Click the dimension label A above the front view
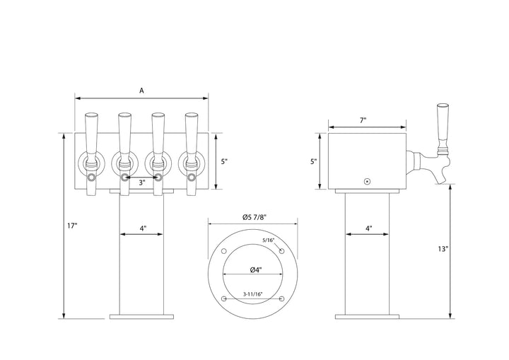tap(142, 91)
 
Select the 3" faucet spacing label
tap(142, 182)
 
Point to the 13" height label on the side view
tap(442, 248)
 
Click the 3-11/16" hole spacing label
tap(252, 294)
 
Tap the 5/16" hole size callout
tap(267, 240)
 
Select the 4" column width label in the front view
tap(142, 228)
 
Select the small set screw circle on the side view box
tap(367, 181)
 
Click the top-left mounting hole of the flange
tap(223, 252)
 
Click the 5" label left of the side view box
tap(314, 161)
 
